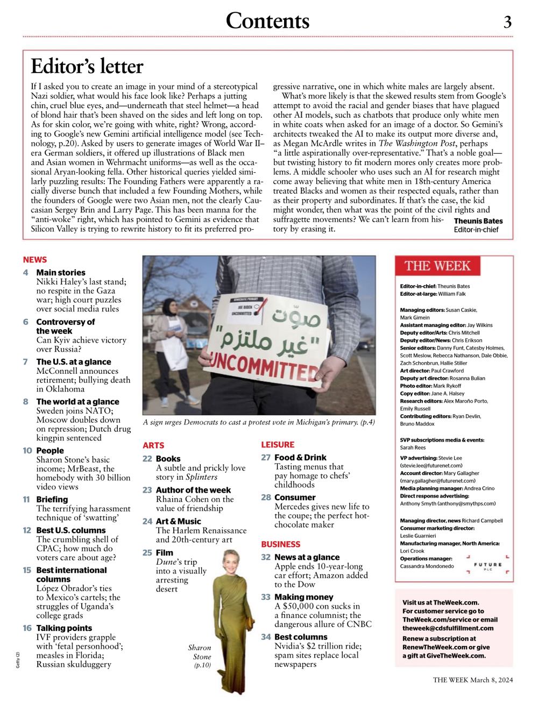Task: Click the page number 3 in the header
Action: (507, 22)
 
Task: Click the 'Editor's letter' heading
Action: (87, 67)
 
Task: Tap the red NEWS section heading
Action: (35, 260)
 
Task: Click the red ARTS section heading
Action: (153, 445)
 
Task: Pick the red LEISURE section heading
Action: (278, 444)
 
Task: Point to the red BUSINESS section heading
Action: (280, 544)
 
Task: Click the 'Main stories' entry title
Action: (61, 273)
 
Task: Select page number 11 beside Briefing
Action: (26, 500)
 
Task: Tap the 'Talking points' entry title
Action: (64, 628)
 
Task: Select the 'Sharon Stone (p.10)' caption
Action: (200, 657)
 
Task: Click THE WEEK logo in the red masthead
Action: (438, 266)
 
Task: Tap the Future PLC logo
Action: (488, 566)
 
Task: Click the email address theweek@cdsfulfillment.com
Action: (448, 628)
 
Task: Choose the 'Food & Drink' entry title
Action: (300, 458)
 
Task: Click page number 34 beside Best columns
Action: (266, 637)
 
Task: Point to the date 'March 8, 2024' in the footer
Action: (491, 680)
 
